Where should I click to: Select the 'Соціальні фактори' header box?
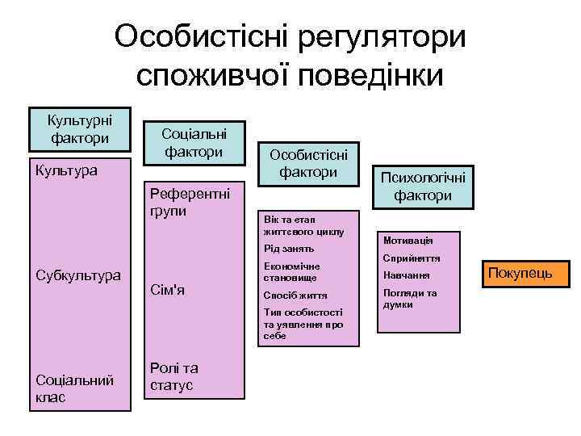tap(194, 141)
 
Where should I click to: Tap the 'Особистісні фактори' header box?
tap(308, 163)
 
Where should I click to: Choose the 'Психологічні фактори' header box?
tap(422, 187)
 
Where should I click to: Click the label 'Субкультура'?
tap(78, 275)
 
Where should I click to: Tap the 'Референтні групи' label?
tap(190, 203)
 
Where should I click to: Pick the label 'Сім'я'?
tap(168, 291)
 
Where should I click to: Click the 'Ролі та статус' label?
tap(173, 376)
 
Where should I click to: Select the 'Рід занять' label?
tap(288, 248)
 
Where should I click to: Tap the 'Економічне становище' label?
tap(291, 271)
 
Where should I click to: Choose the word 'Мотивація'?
tap(408, 241)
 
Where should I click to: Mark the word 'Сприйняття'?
tap(412, 258)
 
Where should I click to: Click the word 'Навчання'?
tap(408, 276)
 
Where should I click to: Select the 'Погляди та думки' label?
tap(410, 299)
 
